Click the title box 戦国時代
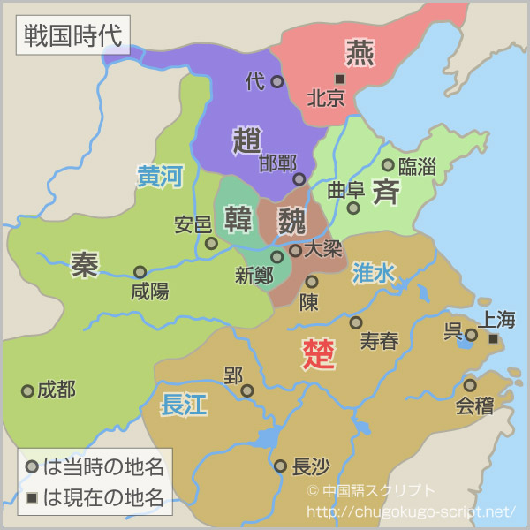pos(72,36)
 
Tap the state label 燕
pos(360,54)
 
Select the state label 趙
pos(247,141)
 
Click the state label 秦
pos(85,264)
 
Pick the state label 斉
pos(386,191)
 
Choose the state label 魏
pos(291,219)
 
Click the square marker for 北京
pos(339,79)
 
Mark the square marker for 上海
pos(493,338)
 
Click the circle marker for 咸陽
pos(140,272)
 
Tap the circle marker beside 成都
pos(27,390)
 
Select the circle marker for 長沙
pos(280,466)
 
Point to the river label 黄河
pos(159,177)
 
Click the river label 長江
pos(184,405)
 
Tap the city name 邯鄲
pos(277,163)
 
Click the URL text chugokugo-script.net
pos(411,511)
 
